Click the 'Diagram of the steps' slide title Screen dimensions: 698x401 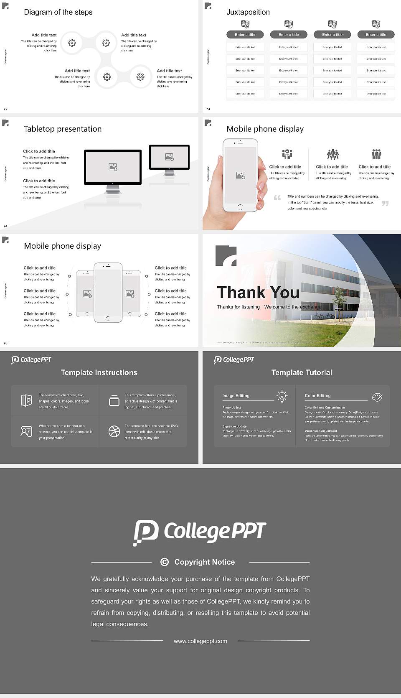coord(58,12)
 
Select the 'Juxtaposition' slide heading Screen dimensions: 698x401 coord(248,12)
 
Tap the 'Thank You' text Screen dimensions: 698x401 coord(258,293)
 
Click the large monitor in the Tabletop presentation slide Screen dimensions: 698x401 coord(113,167)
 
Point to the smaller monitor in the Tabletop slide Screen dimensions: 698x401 coord(169,157)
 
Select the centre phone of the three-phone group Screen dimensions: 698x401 coord(108,292)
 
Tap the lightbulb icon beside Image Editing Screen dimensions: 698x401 coord(282,396)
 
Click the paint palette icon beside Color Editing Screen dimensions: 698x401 coord(377,397)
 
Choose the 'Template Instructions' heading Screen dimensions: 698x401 coord(99,372)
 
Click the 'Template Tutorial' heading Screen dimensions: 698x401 coord(302,372)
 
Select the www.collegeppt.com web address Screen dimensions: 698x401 coord(200,641)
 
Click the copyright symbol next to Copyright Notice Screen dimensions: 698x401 coord(165,562)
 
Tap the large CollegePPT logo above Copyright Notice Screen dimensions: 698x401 coord(200,532)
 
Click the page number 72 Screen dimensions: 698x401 coord(5,109)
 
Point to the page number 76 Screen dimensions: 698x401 coord(5,343)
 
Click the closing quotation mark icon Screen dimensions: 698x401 coord(385,203)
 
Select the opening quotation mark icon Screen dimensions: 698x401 coord(277,198)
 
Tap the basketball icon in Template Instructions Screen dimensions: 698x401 coord(114,431)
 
